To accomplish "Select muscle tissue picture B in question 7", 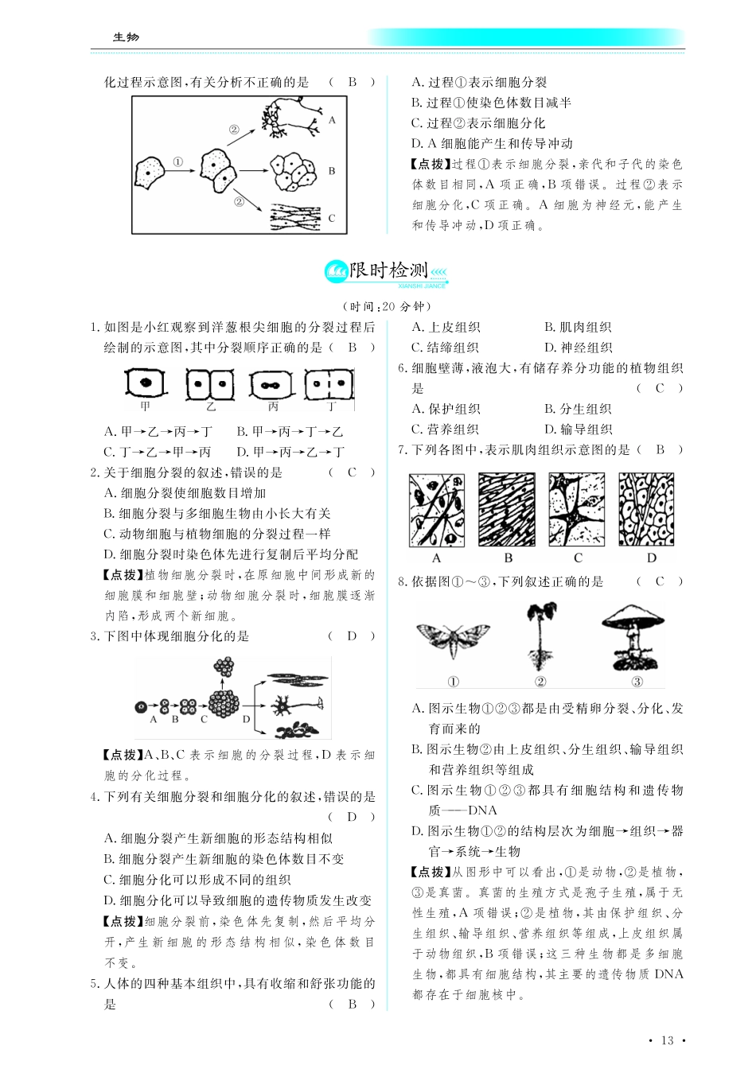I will pos(507,510).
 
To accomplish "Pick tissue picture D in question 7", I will pos(646,510).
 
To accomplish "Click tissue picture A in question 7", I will pos(436,510).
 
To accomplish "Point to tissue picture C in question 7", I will pos(577,510).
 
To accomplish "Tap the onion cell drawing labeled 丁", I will pos(329,385).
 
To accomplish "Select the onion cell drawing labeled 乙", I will pos(209,385).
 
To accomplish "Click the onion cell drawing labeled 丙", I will pos(272,386).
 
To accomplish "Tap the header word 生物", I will pos(126,37).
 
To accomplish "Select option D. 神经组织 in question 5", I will pos(578,348).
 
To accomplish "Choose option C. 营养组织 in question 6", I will pos(445,430).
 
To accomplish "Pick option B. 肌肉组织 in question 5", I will pos(578,327).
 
